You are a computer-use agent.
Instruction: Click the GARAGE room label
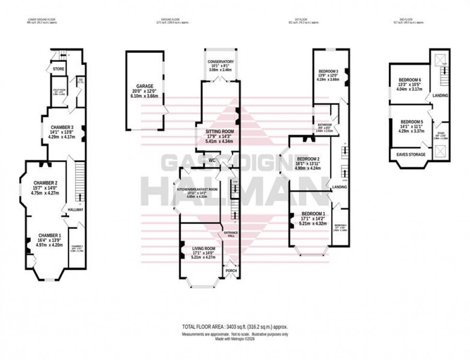tap(144, 86)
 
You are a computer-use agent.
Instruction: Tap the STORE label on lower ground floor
tap(59, 69)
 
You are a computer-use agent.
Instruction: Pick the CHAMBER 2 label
tap(46, 183)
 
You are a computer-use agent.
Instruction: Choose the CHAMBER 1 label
tap(47, 235)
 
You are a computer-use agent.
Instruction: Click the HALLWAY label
tap(75, 210)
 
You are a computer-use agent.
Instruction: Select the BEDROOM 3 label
tap(330, 70)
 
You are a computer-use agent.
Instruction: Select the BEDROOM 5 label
tap(410, 121)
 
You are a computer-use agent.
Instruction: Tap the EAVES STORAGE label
tap(412, 154)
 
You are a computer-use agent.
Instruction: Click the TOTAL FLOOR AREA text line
tap(235, 326)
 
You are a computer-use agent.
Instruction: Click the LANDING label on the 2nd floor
tap(440, 95)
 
